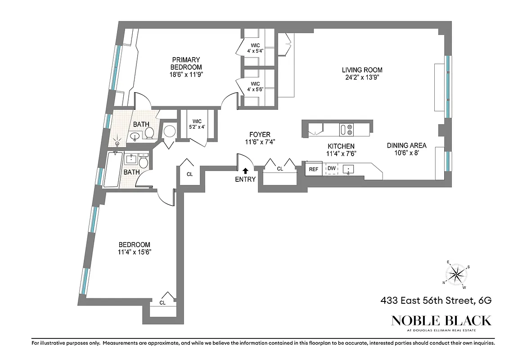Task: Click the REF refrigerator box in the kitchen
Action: [x=313, y=169]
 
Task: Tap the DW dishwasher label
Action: [x=332, y=169]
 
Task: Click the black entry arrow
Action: [x=245, y=171]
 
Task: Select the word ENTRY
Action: [x=245, y=179]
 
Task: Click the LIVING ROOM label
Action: [x=362, y=70]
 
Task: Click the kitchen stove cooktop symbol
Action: [x=346, y=130]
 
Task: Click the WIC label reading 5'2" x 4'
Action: [x=197, y=124]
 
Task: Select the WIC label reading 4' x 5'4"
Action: [x=255, y=47]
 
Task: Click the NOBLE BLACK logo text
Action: [x=441, y=320]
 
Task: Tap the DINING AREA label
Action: [x=407, y=145]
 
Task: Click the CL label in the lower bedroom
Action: [x=162, y=303]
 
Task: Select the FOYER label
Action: [x=260, y=135]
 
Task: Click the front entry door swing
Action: [x=242, y=160]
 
